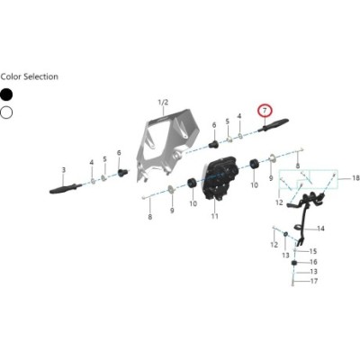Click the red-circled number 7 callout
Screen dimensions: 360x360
coord(265,111)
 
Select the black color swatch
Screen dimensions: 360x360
coord(6,94)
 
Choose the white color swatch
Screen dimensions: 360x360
coord(6,112)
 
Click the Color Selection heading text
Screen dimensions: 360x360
coord(30,76)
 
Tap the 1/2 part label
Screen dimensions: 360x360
coord(163,103)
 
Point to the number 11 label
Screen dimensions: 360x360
coord(214,216)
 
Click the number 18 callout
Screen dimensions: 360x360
coord(355,178)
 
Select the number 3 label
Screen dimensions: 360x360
coord(64,170)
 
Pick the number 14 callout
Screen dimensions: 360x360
coord(320,229)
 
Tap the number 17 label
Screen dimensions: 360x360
coord(314,282)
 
